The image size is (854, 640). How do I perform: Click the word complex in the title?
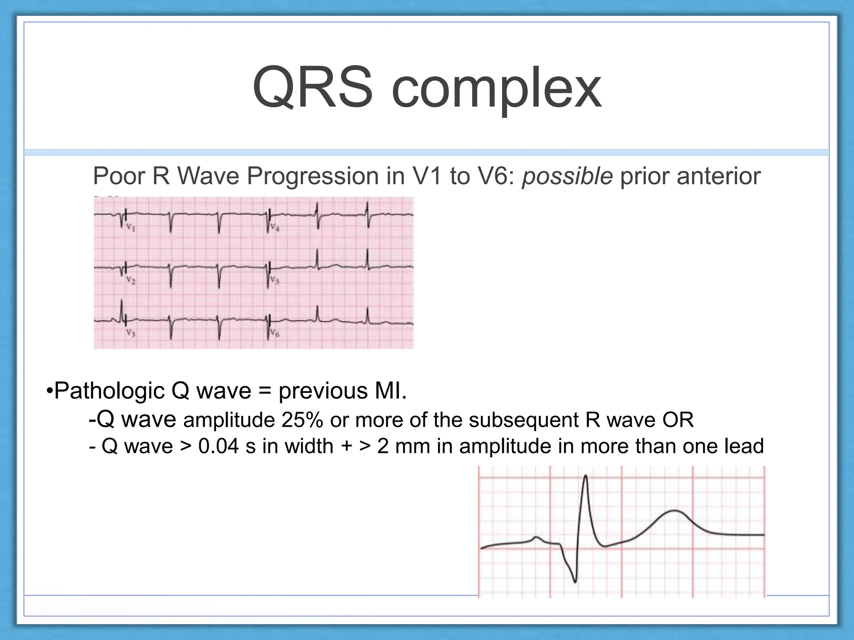(x=496, y=90)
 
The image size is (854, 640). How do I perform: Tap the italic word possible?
(x=567, y=176)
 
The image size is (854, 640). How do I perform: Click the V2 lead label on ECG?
(x=131, y=281)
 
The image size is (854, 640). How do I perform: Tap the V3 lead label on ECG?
(x=131, y=333)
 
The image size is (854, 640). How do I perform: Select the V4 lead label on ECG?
(x=274, y=227)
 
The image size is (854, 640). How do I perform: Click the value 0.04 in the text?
(x=219, y=446)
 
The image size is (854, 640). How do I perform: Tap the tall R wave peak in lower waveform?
(x=586, y=476)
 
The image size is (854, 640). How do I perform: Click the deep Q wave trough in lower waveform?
(x=575, y=581)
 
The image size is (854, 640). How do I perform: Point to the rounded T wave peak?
(x=674, y=511)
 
